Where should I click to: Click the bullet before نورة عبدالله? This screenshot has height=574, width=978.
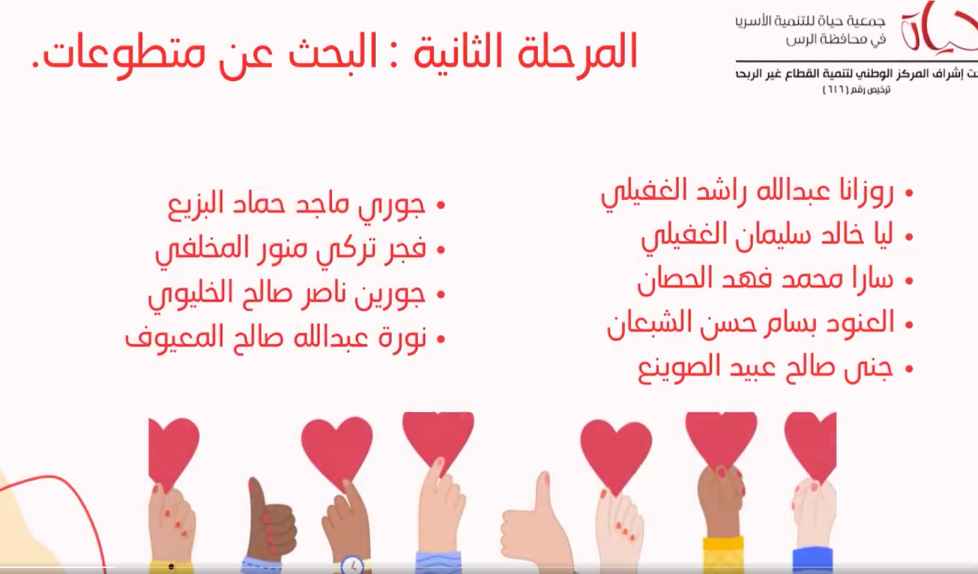[x=441, y=340]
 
